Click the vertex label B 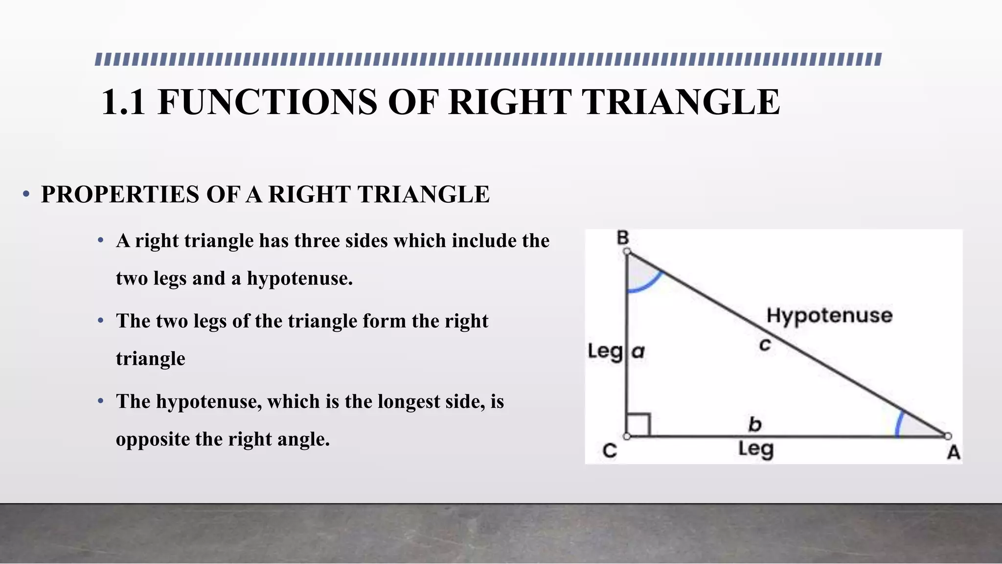(622, 238)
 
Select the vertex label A (954, 452)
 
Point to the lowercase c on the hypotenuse (765, 345)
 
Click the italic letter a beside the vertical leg (638, 351)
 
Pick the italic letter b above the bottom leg (755, 424)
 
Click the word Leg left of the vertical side (605, 352)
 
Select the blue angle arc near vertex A (898, 424)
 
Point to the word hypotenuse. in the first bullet (299, 279)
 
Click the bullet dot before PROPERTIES (26, 194)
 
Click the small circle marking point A (948, 436)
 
